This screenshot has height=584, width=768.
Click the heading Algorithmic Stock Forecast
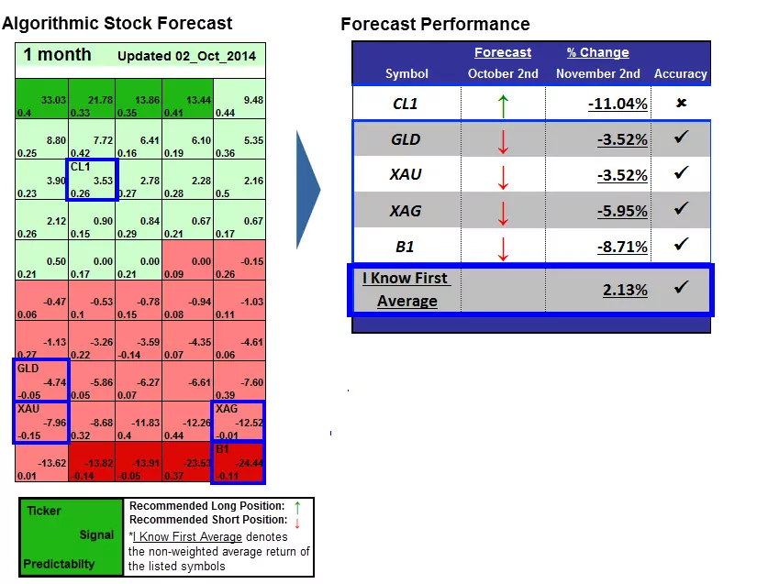click(x=117, y=24)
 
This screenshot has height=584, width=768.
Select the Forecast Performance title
click(x=435, y=24)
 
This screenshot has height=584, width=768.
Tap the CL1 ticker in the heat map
click(x=81, y=167)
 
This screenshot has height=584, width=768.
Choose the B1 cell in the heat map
click(x=239, y=462)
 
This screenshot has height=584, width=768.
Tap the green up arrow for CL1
click(x=502, y=105)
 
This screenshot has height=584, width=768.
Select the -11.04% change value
click(x=618, y=105)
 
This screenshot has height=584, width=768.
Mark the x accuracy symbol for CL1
click(x=681, y=103)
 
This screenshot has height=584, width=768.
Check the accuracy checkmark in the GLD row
click(x=681, y=138)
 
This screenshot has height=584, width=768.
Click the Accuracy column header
click(x=680, y=73)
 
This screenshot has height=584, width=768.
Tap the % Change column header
click(x=597, y=52)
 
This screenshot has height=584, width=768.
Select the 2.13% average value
click(x=624, y=290)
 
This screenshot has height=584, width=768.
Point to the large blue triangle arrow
click(x=308, y=190)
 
